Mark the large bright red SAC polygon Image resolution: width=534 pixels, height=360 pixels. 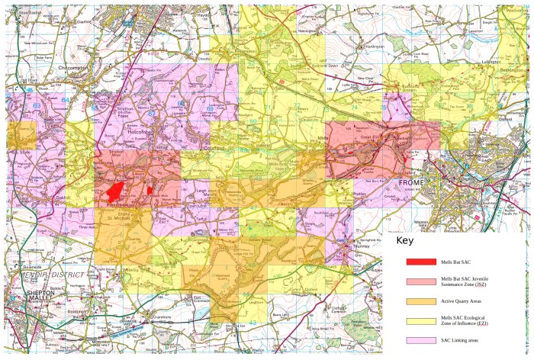(x=115, y=188)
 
